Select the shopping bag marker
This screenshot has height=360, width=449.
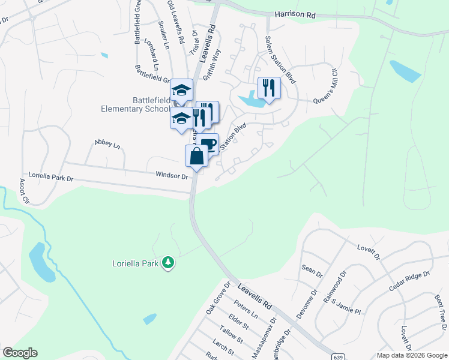click(197, 157)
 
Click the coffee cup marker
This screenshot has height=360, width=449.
click(208, 144)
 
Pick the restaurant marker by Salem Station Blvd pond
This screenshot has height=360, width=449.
click(269, 89)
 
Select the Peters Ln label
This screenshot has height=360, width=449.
click(246, 316)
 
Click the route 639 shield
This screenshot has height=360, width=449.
click(340, 354)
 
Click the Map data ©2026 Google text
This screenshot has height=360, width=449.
click(412, 355)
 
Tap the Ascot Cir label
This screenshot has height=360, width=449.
click(24, 191)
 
